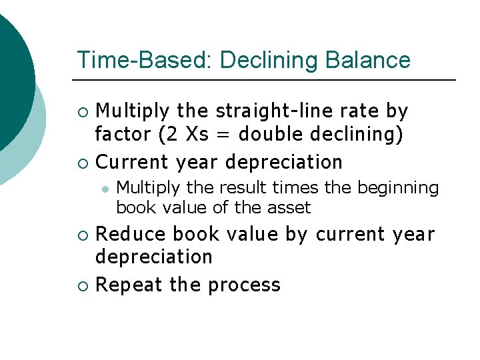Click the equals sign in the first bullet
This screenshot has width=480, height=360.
coord(223,135)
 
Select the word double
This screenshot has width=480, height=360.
coord(269,135)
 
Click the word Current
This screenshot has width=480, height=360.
coord(133,162)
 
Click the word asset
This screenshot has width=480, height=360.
coord(289,208)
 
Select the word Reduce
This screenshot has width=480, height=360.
coord(131,235)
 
